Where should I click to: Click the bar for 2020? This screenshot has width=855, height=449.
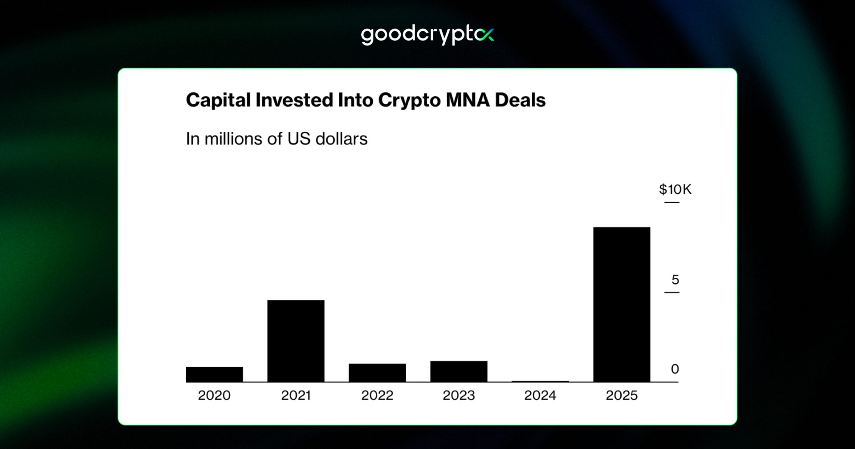point(214,374)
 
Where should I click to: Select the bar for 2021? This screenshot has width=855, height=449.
point(296,341)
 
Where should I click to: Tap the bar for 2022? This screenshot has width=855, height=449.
point(377,372)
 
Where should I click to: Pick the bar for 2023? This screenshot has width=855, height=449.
point(459,371)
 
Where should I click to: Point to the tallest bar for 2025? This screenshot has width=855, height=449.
point(622,304)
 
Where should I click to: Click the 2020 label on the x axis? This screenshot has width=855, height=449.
point(214,395)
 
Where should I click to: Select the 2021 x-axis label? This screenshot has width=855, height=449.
point(296,395)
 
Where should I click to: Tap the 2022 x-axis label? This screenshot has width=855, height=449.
point(377,395)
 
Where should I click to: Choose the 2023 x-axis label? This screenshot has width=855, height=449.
point(459,395)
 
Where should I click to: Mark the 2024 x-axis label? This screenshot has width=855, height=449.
point(540,395)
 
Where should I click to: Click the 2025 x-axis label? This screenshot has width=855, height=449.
point(622,395)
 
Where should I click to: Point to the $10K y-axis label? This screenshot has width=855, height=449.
point(675,189)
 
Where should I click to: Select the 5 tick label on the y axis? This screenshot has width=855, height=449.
point(675,280)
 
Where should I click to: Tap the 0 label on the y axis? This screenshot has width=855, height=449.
point(675,369)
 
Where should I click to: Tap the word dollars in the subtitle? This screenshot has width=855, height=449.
point(341,139)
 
